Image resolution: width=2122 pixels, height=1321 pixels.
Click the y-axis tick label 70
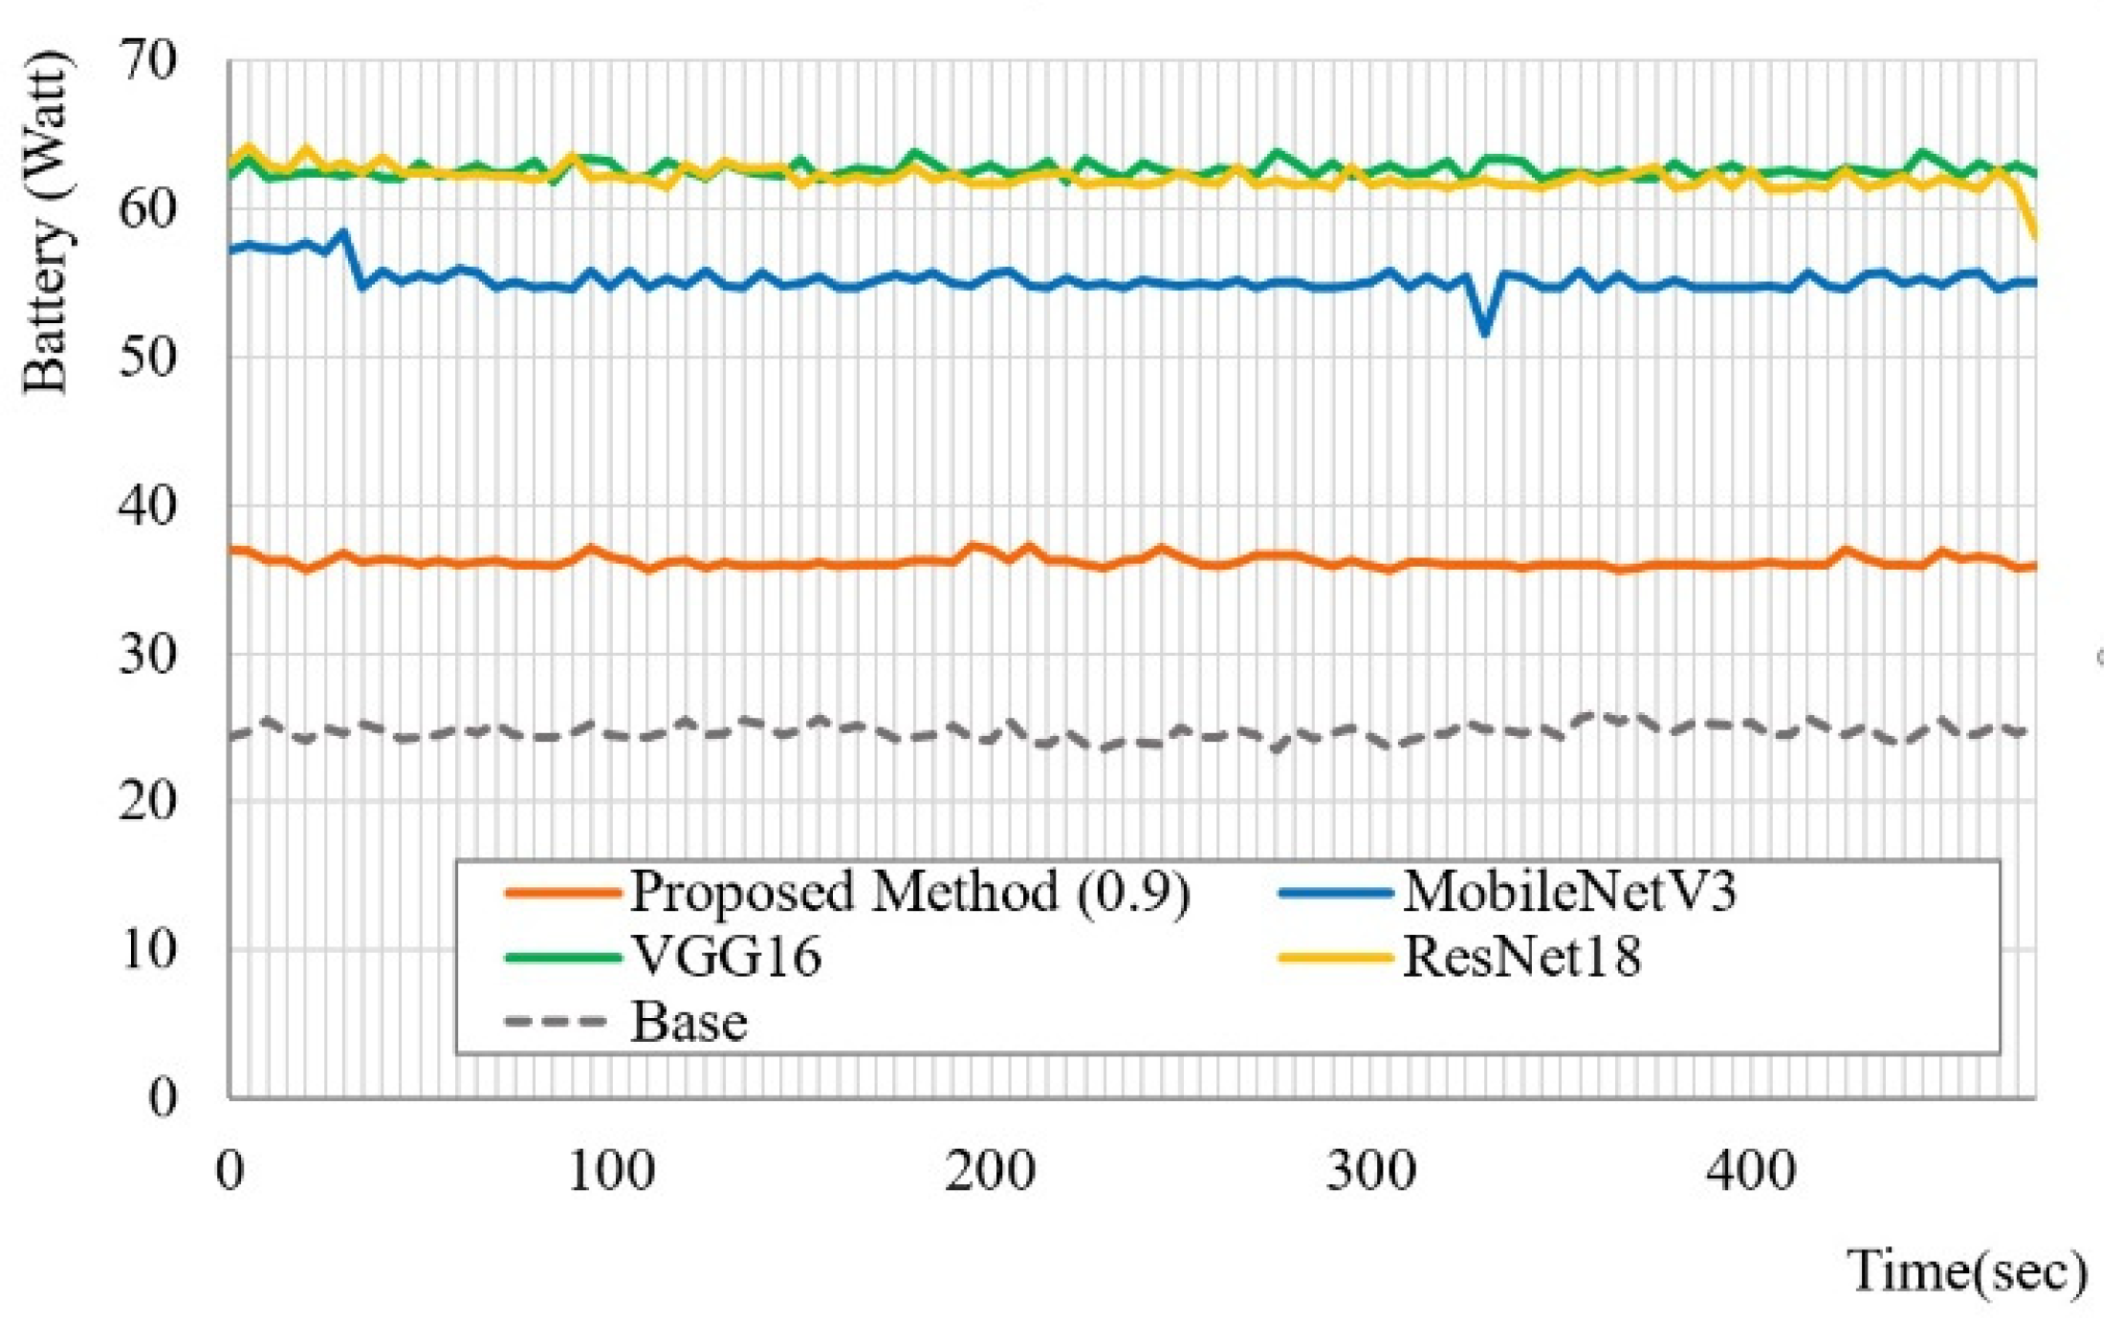148,62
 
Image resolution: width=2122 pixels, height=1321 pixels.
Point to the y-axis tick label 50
148,358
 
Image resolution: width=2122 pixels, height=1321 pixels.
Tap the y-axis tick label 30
148,656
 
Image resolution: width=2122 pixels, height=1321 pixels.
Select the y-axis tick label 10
148,950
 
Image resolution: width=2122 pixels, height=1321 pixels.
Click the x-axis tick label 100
610,1170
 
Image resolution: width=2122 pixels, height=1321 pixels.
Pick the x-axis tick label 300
1370,1170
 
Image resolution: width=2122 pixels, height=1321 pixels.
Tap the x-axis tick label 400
1751,1170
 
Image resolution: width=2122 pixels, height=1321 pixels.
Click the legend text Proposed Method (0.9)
909,892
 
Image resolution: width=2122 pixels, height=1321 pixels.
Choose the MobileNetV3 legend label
1568,892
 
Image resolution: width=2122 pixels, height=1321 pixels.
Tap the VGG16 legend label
727,956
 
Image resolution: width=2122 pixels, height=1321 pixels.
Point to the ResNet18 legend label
1521,956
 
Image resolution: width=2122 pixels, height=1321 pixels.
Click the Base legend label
689,1021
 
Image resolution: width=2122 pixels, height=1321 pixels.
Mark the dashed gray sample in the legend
556,1021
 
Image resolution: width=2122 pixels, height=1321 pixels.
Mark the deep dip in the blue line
1484,333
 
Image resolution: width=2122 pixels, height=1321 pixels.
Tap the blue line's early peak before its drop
342,232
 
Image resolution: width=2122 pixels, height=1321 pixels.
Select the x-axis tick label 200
991,1170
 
